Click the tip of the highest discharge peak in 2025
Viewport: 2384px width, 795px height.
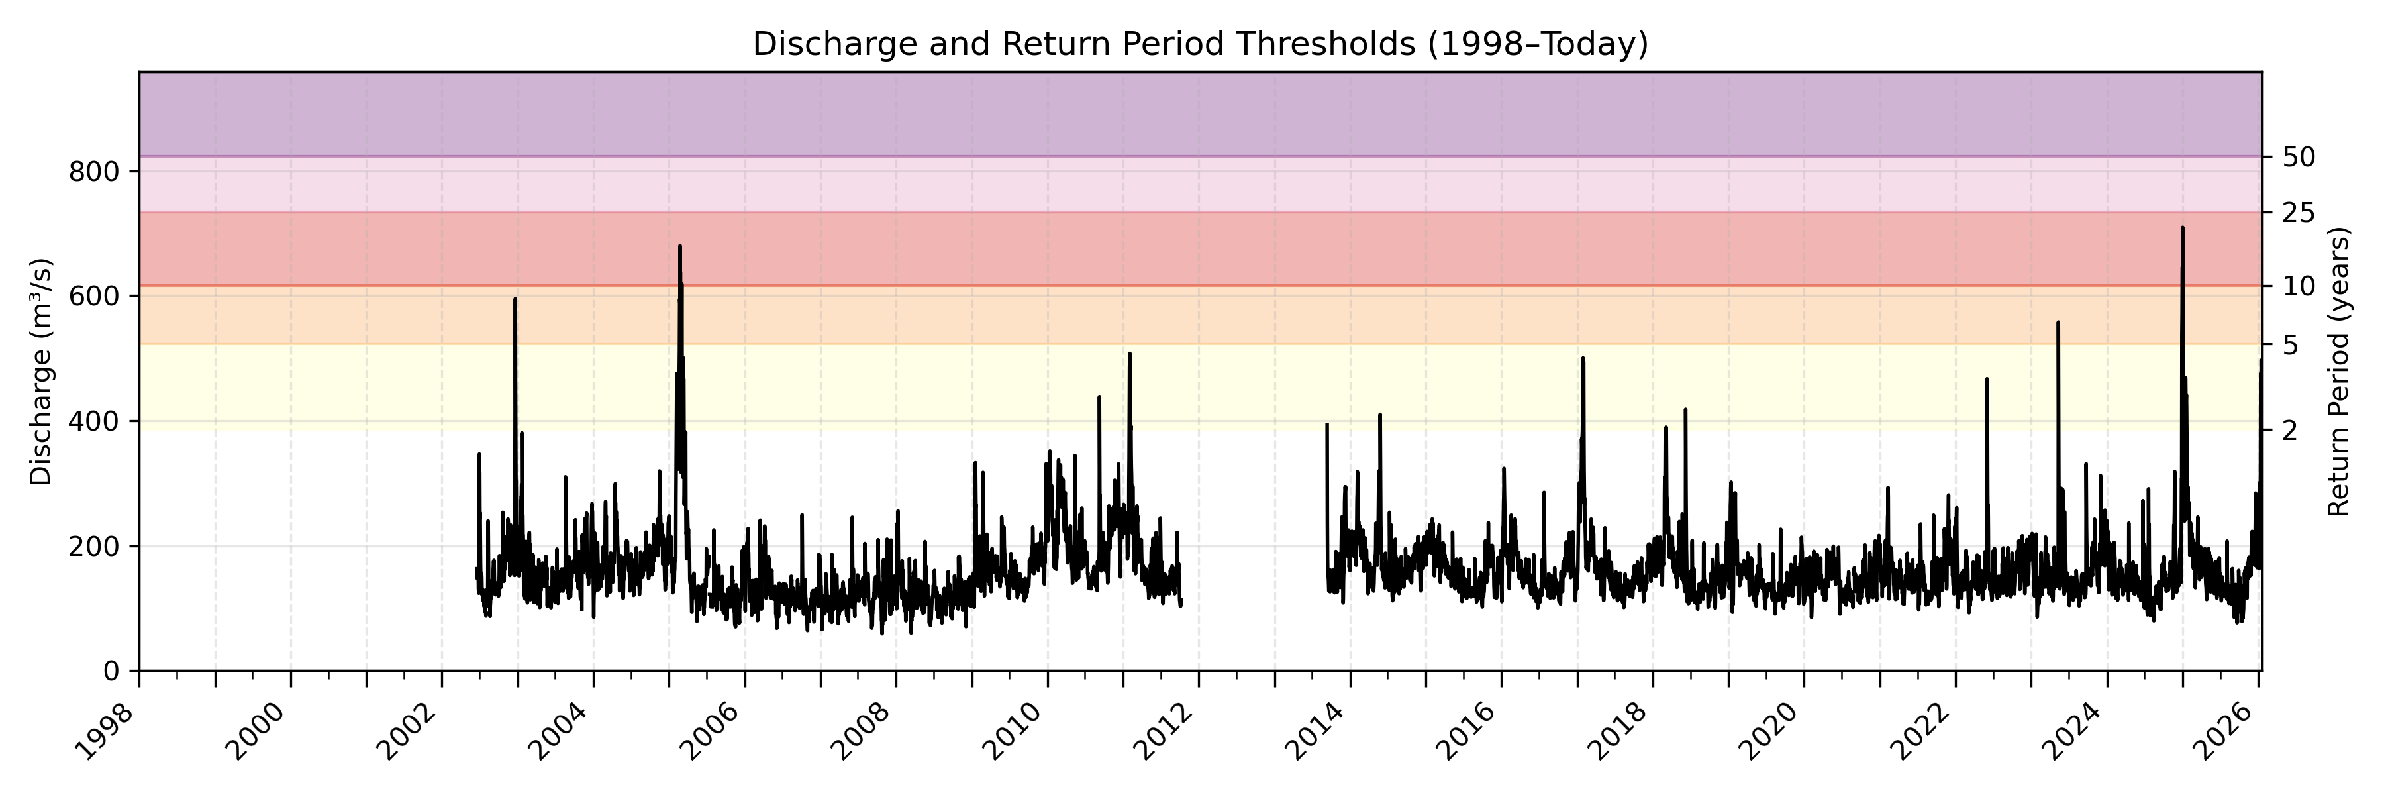(2182, 228)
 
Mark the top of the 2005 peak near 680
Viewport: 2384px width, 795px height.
(679, 246)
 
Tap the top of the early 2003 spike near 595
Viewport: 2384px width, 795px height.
(515, 299)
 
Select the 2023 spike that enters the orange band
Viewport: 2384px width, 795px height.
(2058, 322)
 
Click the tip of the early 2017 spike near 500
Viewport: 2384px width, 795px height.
(1583, 358)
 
